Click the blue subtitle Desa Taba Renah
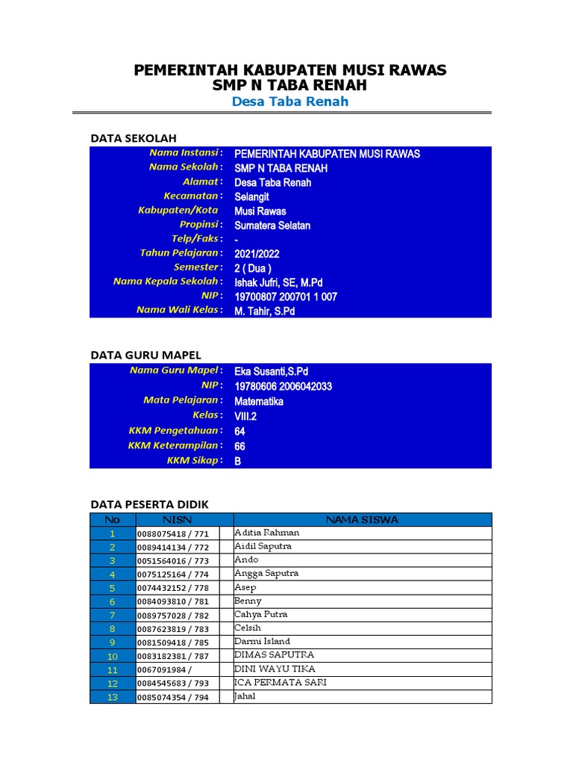coord(289,102)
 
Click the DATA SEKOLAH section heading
coord(133,138)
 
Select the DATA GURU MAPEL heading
coord(145,355)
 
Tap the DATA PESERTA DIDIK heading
coord(149,504)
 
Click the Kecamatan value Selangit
coord(251,196)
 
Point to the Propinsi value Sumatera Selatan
coord(272,225)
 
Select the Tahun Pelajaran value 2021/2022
coord(257,253)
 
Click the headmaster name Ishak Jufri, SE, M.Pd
coord(278,282)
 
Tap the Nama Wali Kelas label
coord(179,310)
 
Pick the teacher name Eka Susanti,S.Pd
coord(271,371)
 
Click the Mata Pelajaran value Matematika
coord(258,401)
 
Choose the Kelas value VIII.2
coord(245,416)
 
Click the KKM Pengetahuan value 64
coord(239,431)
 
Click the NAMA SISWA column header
coord(363,519)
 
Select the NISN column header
coord(177,519)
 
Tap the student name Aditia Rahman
coord(266,533)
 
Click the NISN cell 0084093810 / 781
coord(173,602)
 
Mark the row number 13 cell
coord(112,697)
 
